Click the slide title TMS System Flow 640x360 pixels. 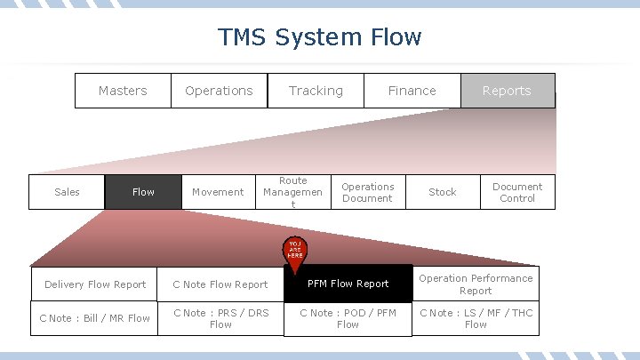[x=320, y=37]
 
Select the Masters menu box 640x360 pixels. [x=123, y=91]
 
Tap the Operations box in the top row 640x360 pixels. [x=219, y=91]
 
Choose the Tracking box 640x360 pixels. [x=316, y=91]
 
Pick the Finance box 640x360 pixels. [x=412, y=91]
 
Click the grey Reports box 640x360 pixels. [x=507, y=91]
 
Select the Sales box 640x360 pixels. [x=67, y=192]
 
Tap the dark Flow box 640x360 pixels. [x=142, y=192]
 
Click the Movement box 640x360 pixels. [x=218, y=192]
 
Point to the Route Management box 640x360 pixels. [x=292, y=192]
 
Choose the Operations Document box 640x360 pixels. [x=367, y=192]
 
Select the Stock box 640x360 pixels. [x=442, y=192]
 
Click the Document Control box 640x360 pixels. [x=517, y=192]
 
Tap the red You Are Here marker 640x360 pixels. [x=295, y=251]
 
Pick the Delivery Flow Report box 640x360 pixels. [x=95, y=284]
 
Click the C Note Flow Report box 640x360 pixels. [x=220, y=284]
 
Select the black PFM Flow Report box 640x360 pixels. [x=348, y=284]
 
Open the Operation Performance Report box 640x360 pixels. [x=476, y=284]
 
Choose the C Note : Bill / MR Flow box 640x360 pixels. [x=95, y=318]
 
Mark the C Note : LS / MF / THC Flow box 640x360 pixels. [x=476, y=318]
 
